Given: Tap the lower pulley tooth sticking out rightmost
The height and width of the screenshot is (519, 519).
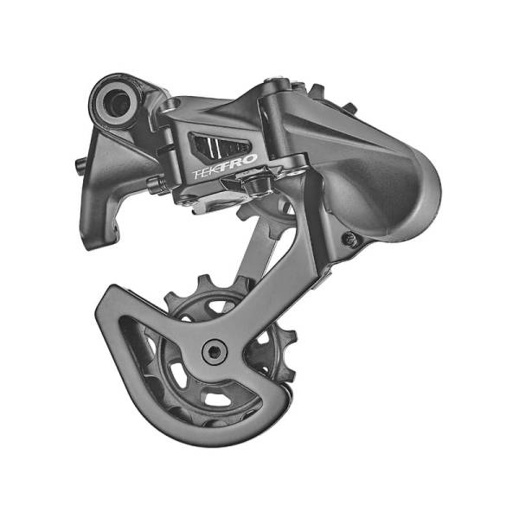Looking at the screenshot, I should coord(289,336).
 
